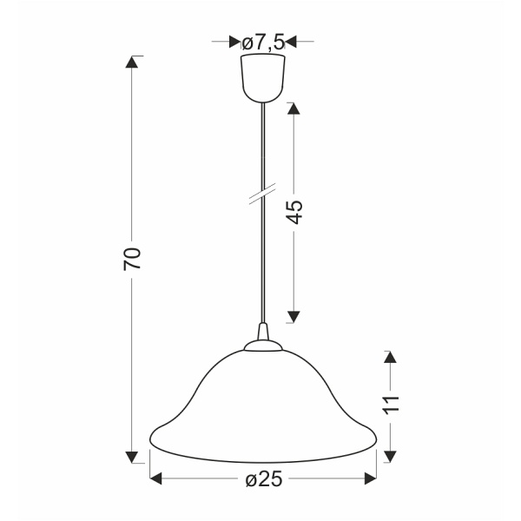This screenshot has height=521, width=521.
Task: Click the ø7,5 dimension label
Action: (x=262, y=42)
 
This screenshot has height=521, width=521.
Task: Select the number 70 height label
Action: (x=132, y=259)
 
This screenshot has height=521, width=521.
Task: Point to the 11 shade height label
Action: (x=390, y=404)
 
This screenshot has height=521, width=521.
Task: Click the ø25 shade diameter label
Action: (x=262, y=478)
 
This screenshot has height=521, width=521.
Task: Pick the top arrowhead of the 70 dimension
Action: (x=132, y=63)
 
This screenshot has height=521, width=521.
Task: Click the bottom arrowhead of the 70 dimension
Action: (x=132, y=457)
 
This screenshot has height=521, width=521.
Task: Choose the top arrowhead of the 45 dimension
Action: (x=293, y=109)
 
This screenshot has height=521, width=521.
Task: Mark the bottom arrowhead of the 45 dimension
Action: (x=293, y=317)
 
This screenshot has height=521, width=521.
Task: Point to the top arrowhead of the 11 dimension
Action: (x=390, y=356)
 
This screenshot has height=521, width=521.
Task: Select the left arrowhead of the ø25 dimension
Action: (x=156, y=478)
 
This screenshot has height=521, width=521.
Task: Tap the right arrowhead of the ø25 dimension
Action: (x=369, y=478)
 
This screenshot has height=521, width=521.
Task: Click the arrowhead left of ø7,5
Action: (x=234, y=41)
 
